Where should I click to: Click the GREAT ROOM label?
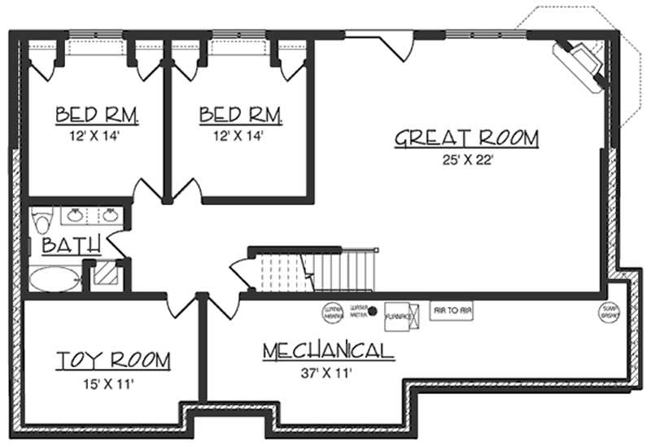(466, 138)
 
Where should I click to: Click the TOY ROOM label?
(113, 360)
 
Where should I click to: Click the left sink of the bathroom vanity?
(76, 216)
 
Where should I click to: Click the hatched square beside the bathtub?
(103, 274)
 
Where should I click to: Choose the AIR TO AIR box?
(453, 310)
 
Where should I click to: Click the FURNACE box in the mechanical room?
(396, 314)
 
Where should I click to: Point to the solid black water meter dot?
(373, 310)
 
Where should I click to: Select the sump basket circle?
(609, 311)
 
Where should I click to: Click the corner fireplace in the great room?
(580, 63)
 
